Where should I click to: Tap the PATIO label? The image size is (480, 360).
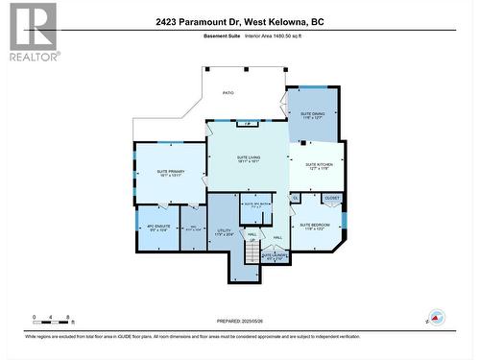(x=228, y=93)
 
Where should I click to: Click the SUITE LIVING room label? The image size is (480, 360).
(x=248, y=158)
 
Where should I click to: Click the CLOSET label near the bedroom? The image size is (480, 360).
(x=331, y=199)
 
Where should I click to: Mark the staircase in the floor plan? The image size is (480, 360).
(x=252, y=252)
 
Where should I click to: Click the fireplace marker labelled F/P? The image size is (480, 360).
(x=248, y=124)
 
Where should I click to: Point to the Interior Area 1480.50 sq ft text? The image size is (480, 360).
(x=274, y=36)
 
